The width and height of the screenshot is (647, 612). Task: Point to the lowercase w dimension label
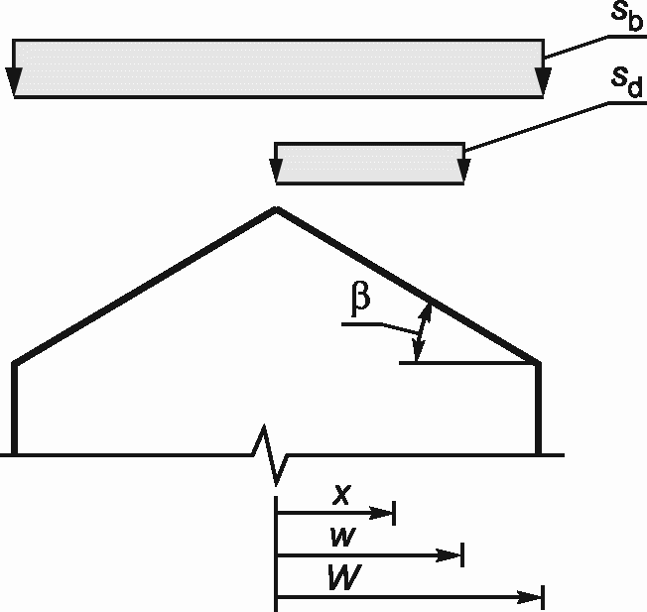(339, 537)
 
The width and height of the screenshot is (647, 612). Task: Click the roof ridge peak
(276, 208)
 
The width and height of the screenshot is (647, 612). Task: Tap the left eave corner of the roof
(15, 363)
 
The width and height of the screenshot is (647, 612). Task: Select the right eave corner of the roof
(539, 362)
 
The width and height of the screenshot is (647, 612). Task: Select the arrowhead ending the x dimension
(385, 513)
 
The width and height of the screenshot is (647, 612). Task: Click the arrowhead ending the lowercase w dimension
(453, 555)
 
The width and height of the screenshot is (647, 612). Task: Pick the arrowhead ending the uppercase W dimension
(533, 597)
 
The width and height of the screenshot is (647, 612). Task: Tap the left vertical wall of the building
(15, 409)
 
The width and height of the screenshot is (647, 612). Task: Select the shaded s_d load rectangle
(370, 164)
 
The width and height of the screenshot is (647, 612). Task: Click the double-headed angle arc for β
(422, 332)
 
